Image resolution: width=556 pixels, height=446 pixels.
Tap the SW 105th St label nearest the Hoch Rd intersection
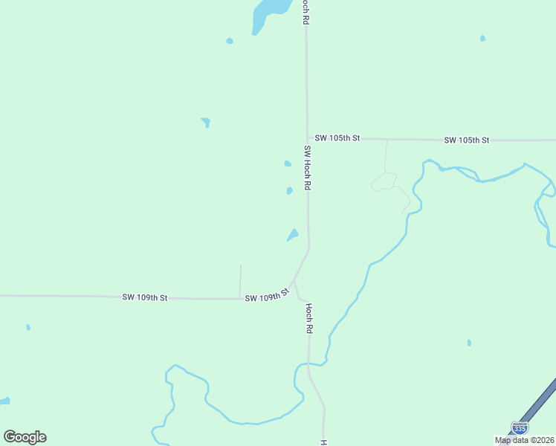337,138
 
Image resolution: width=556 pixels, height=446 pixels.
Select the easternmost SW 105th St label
466,140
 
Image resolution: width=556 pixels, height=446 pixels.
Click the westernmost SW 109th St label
145,297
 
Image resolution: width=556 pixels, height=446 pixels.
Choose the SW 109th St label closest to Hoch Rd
266,297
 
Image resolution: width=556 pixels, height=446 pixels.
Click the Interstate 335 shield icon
520,429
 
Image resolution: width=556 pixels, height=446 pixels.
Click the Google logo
25,437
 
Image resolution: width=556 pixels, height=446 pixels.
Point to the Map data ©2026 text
525,440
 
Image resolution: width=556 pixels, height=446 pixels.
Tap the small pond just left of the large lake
230,41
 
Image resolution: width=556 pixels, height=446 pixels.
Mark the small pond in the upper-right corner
482,38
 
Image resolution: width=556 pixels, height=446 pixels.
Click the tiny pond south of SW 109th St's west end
28,327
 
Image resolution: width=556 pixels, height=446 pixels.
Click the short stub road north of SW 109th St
240,280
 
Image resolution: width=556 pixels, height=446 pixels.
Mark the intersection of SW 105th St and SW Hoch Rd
308,138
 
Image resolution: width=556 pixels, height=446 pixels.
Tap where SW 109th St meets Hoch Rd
294,282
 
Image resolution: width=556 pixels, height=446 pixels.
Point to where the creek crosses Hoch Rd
308,363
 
